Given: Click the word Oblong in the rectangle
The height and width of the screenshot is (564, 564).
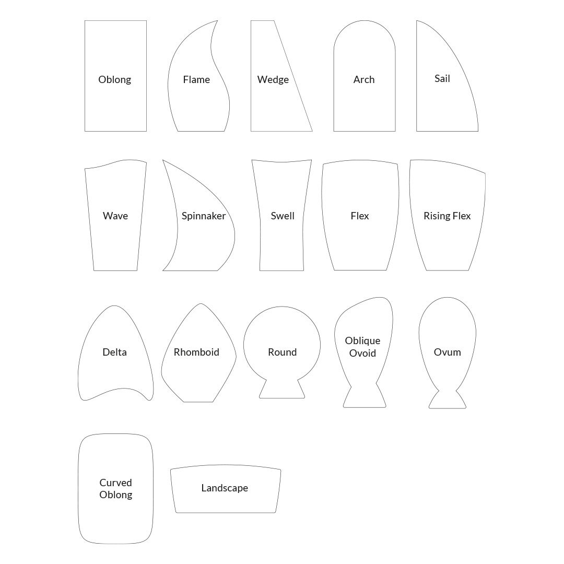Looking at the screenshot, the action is click(115, 79).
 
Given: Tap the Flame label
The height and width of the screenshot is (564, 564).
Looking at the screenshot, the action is click(196, 79).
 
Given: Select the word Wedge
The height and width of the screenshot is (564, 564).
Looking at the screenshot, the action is click(273, 79).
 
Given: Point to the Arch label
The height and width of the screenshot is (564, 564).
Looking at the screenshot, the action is click(364, 79).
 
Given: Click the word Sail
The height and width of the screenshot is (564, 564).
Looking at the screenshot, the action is click(442, 78).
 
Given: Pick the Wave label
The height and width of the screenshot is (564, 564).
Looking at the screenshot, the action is click(115, 216).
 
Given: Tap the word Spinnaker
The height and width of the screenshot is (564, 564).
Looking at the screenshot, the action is click(204, 216).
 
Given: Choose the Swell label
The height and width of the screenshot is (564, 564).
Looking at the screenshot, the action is click(283, 216).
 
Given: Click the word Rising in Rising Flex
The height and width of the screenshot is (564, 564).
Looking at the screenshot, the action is click(436, 216).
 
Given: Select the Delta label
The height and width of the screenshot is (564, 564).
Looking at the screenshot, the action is click(115, 352).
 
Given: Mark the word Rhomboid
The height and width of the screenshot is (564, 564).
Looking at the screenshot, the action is click(196, 352).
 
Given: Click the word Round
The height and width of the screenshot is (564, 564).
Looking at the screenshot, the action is click(283, 352).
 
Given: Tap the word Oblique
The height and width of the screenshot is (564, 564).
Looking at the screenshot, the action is click(362, 340).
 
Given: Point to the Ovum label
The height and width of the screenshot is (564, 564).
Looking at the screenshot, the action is click(448, 352).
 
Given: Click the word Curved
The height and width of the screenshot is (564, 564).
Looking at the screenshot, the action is click(116, 483).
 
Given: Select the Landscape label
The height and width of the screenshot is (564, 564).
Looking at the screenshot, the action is click(225, 488).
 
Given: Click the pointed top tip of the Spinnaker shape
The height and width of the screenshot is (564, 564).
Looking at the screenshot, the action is click(163, 160).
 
